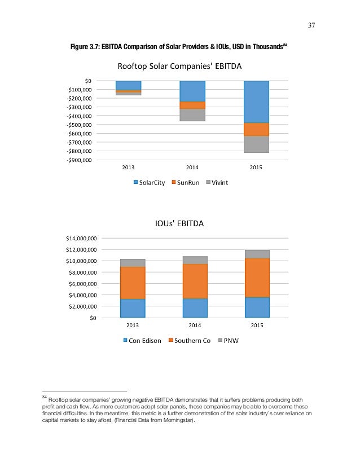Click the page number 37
click(x=311, y=25)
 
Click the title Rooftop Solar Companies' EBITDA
click(x=179, y=67)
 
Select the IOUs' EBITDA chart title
click(x=179, y=224)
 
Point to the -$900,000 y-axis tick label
click(x=97, y=160)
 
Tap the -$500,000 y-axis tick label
click(x=97, y=125)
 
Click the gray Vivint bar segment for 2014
click(x=192, y=115)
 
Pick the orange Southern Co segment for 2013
click(x=133, y=283)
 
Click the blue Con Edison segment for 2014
click(x=195, y=308)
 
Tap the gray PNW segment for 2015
click(x=257, y=254)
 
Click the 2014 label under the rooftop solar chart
click(x=192, y=168)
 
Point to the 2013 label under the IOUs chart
click(x=133, y=326)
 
